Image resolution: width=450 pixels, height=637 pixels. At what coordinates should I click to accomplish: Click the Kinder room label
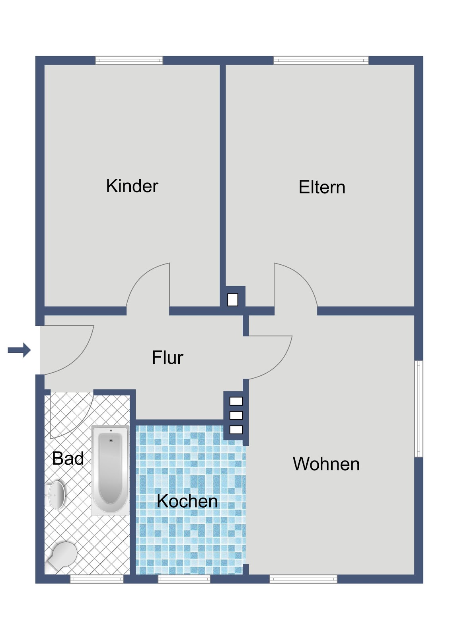pyautogui.click(x=132, y=186)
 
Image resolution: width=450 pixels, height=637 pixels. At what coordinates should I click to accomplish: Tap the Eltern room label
pyautogui.click(x=322, y=187)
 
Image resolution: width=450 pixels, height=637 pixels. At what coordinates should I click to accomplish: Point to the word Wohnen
pyautogui.click(x=326, y=464)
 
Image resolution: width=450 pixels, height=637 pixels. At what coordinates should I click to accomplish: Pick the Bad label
pyautogui.click(x=68, y=458)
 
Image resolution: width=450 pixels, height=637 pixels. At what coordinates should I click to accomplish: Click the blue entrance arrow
pyautogui.click(x=19, y=350)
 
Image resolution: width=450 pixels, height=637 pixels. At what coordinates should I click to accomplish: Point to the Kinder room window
pyautogui.click(x=129, y=60)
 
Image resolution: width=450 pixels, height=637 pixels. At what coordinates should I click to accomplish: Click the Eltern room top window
pyautogui.click(x=321, y=60)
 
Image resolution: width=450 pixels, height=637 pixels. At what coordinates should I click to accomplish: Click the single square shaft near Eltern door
pyautogui.click(x=232, y=300)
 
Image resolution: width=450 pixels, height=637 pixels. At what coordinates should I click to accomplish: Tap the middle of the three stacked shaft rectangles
pyautogui.click(x=236, y=416)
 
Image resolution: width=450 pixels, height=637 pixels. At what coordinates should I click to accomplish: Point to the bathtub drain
pyautogui.click(x=111, y=440)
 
